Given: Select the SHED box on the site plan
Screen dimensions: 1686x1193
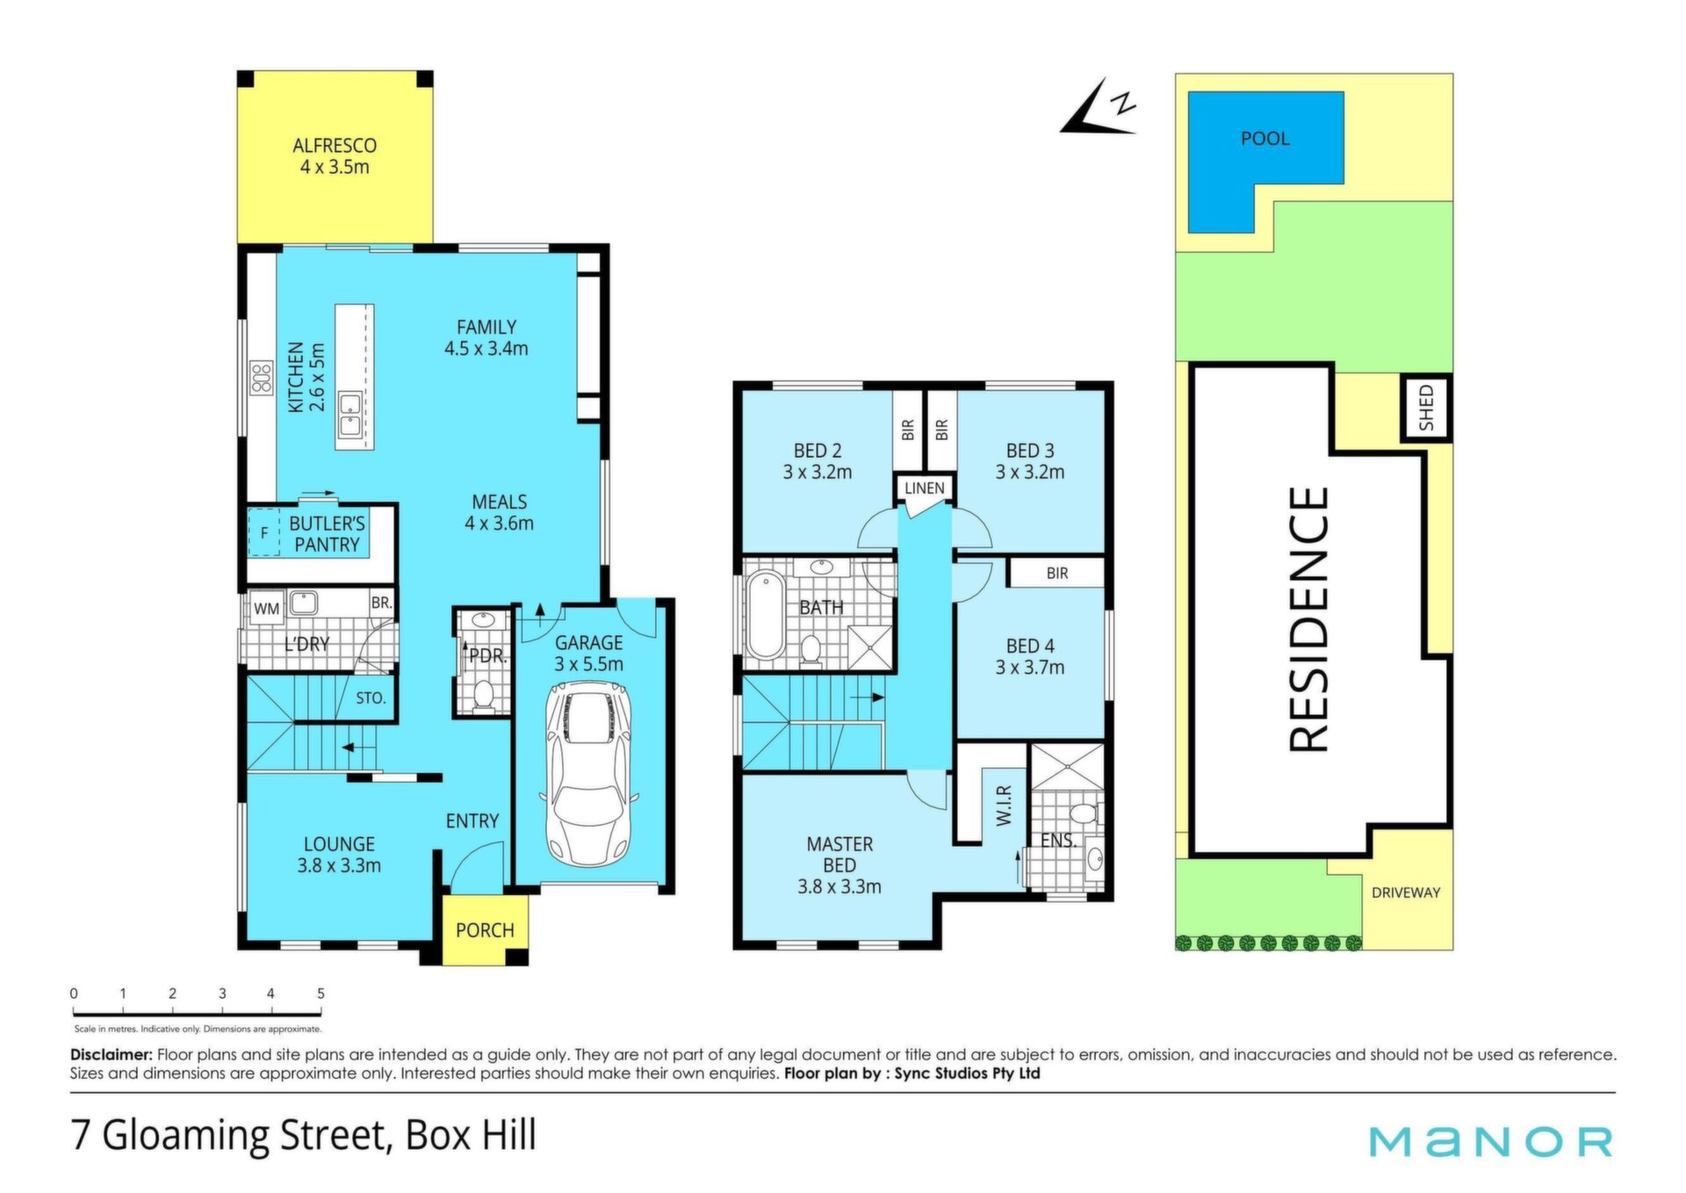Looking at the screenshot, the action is [1425, 408].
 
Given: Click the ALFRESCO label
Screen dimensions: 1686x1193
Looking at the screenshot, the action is [335, 146].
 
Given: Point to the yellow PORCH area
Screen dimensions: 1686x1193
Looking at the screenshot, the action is [485, 929].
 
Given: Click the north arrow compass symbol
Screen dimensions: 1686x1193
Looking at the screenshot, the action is [1099, 108].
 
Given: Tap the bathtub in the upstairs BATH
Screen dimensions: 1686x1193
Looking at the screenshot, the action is [765, 615].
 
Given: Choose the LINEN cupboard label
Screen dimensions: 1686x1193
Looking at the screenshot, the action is [925, 488].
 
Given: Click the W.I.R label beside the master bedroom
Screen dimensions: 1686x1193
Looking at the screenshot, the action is [1005, 805].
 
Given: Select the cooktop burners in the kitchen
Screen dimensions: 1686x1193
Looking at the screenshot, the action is [262, 378].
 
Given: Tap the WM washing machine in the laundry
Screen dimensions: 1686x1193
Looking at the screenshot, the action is [266, 608].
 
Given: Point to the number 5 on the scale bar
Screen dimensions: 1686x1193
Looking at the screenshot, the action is [321, 994].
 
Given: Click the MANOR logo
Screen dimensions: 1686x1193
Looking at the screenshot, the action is [1491, 1141].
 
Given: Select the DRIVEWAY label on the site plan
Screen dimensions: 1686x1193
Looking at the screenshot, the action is [1406, 893].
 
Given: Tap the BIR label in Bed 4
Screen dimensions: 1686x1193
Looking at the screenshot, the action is [1057, 574].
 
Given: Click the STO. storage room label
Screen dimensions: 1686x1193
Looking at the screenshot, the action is [371, 698].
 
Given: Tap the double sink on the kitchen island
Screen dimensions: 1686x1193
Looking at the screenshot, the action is [349, 416].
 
